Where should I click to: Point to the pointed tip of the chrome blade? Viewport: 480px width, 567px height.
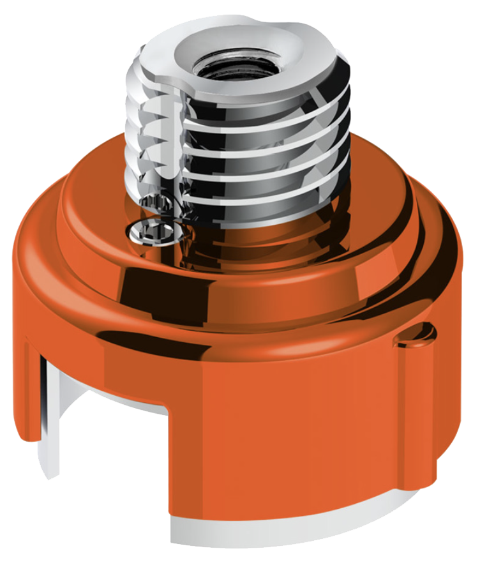pos(49,476)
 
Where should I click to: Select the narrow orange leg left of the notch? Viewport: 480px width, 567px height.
pos(32,396)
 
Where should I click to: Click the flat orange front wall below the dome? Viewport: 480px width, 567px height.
pos(287,434)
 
